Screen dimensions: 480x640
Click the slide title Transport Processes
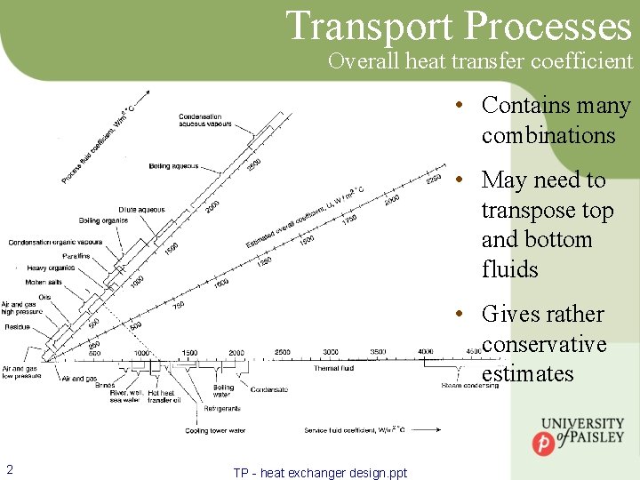459,26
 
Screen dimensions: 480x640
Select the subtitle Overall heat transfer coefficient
480,61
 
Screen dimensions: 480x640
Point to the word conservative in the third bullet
544,344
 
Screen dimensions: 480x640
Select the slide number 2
9,470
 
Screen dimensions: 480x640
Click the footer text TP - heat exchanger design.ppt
320,473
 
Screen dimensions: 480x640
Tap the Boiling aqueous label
173,166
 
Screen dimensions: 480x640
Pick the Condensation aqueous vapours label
200,121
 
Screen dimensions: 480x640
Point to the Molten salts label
42,282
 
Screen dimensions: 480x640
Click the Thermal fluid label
333,368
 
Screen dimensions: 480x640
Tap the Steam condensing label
470,386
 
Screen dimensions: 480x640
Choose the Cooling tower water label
215,430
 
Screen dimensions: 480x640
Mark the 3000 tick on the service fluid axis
331,353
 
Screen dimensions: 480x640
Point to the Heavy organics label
50,268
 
